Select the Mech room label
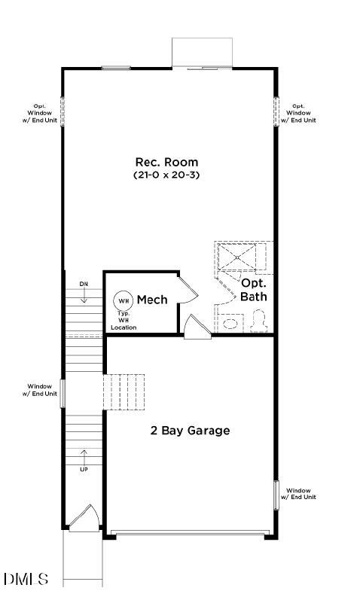click(152, 300)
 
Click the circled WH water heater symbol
click(123, 300)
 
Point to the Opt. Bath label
click(253, 290)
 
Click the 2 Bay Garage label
click(190, 431)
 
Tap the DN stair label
click(84, 284)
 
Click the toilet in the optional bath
click(260, 322)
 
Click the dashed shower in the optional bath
click(237, 257)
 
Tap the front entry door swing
click(84, 518)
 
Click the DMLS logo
click(26, 579)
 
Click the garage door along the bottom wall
click(189, 533)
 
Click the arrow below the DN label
click(84, 296)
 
